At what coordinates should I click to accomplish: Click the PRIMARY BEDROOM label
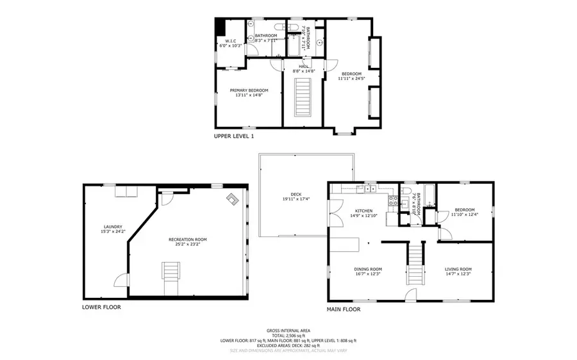249,90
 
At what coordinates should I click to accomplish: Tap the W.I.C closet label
231,41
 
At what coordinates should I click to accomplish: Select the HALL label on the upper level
304,65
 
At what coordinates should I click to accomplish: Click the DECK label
296,195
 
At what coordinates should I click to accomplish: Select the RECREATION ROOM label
188,240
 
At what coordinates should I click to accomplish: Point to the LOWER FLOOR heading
101,307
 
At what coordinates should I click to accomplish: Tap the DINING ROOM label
368,268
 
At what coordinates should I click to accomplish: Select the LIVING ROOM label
458,268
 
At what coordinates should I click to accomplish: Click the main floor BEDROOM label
465,210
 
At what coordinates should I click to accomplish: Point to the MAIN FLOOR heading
344,309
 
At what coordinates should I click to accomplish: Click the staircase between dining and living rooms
415,263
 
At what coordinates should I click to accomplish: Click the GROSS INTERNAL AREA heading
288,331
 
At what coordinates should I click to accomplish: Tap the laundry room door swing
119,281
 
